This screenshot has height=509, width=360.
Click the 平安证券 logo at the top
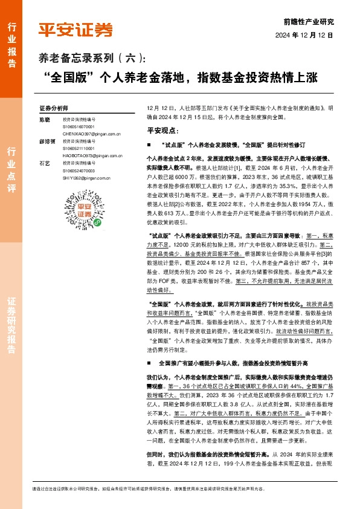pyautogui.click(x=76, y=28)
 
